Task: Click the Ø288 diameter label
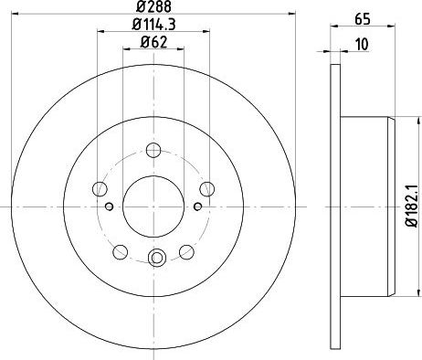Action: click(x=153, y=6)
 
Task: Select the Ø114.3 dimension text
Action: click(x=153, y=25)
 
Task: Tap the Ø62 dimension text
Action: click(x=153, y=42)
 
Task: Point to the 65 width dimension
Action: click(x=363, y=19)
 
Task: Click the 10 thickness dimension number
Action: click(x=362, y=45)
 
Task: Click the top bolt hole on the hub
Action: click(x=153, y=150)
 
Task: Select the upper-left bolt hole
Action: click(x=100, y=189)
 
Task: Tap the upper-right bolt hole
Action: click(x=207, y=189)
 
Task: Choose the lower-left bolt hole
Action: click(x=121, y=252)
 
